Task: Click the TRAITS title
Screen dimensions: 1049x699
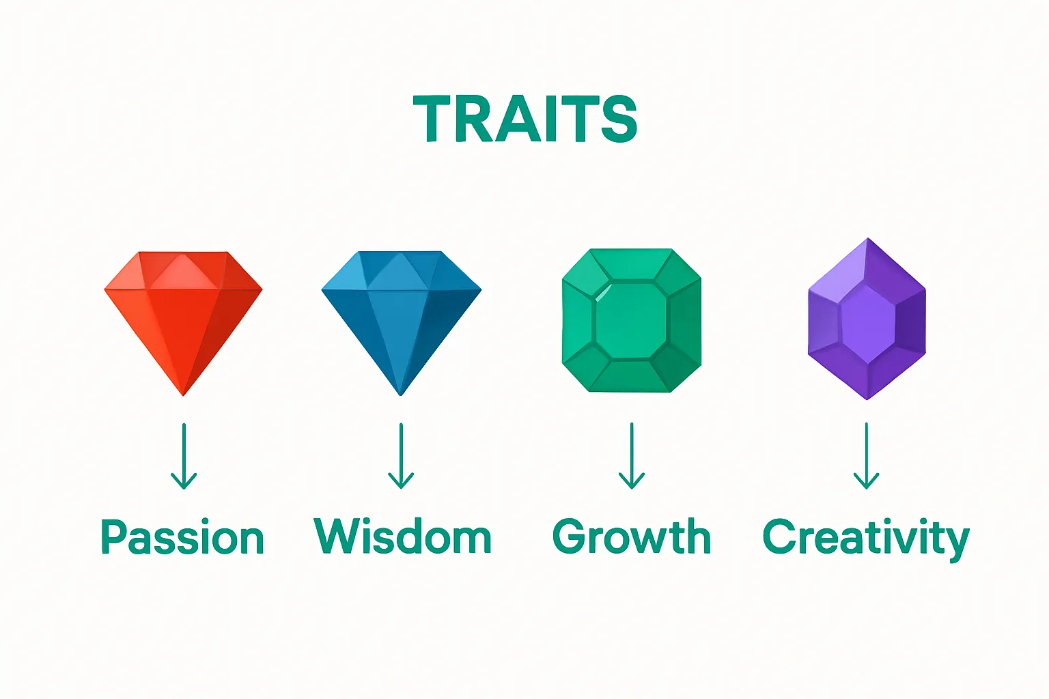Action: [x=525, y=119]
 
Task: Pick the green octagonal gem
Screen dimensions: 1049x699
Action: [x=632, y=320]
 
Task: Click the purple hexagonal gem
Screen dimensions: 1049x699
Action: [x=867, y=319]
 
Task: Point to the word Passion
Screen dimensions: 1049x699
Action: [x=182, y=537]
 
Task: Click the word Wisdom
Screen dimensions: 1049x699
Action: [x=402, y=536]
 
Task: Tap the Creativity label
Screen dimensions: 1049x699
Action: [x=866, y=539]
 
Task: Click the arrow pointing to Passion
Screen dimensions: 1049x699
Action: [x=184, y=457]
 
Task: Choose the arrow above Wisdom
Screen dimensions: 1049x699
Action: [x=401, y=456]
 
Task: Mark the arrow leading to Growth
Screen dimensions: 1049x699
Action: [x=632, y=456]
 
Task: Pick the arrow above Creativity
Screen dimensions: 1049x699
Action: [x=867, y=456]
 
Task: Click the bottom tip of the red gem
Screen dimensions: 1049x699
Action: [x=183, y=396]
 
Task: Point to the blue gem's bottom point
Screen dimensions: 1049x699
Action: [x=400, y=396]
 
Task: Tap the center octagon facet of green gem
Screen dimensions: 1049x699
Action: [x=631, y=321]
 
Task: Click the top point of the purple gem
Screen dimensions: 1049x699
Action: [x=868, y=238]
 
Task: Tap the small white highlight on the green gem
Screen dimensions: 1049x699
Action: [x=602, y=293]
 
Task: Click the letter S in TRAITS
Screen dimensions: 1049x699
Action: [x=619, y=119]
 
